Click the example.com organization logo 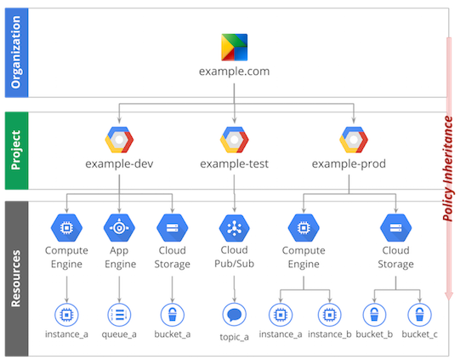click(234, 47)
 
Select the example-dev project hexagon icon click(119, 140)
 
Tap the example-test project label click(234, 163)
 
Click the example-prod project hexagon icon click(354, 140)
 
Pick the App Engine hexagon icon click(119, 227)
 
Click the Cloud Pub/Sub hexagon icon click(234, 228)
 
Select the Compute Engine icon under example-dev click(66, 227)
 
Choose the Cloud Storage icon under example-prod click(396, 227)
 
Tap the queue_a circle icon click(119, 315)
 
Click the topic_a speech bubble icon click(234, 315)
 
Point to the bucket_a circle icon click(173, 315)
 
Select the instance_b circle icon click(329, 315)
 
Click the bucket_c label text click(419, 334)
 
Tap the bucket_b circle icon click(374, 315)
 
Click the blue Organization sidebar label click(17, 53)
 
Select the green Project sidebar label click(17, 151)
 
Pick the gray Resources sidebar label click(17, 278)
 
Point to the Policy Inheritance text click(448, 169)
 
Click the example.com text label click(234, 71)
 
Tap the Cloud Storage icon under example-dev click(173, 227)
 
